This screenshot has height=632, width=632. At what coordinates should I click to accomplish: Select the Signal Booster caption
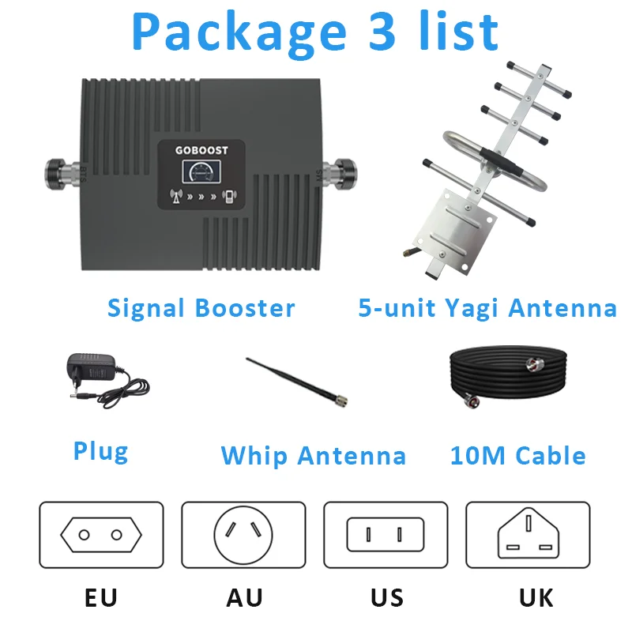(x=201, y=308)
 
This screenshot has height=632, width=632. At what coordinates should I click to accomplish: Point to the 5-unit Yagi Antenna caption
(x=487, y=308)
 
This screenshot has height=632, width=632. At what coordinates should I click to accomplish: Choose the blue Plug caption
(x=100, y=451)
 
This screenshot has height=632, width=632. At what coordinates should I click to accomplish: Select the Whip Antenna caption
(x=313, y=456)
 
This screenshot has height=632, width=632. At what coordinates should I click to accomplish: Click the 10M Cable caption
(x=517, y=456)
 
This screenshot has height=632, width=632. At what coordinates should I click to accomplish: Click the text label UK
(x=536, y=597)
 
